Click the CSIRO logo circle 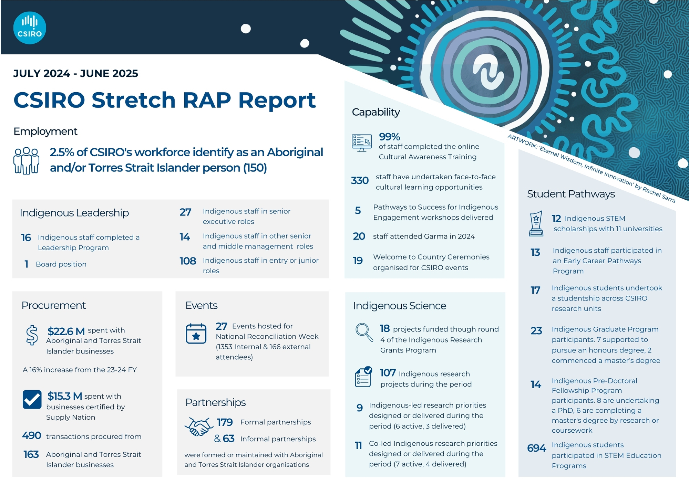[x=30, y=28]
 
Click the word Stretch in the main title [x=133, y=100]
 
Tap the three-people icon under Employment [x=26, y=161]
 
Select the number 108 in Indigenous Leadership [x=188, y=261]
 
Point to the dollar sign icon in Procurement [x=32, y=335]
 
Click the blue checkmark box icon [x=32, y=399]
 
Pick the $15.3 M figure [x=65, y=396]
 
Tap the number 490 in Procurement [x=32, y=436]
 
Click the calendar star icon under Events [x=196, y=334]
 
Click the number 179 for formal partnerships [x=225, y=422]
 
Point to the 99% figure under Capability [x=389, y=137]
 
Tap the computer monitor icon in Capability [x=362, y=143]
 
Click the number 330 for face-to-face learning [x=360, y=181]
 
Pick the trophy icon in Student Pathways [x=536, y=223]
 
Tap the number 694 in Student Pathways [x=536, y=448]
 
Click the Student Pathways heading [x=571, y=194]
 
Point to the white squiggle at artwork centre [x=489, y=73]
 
